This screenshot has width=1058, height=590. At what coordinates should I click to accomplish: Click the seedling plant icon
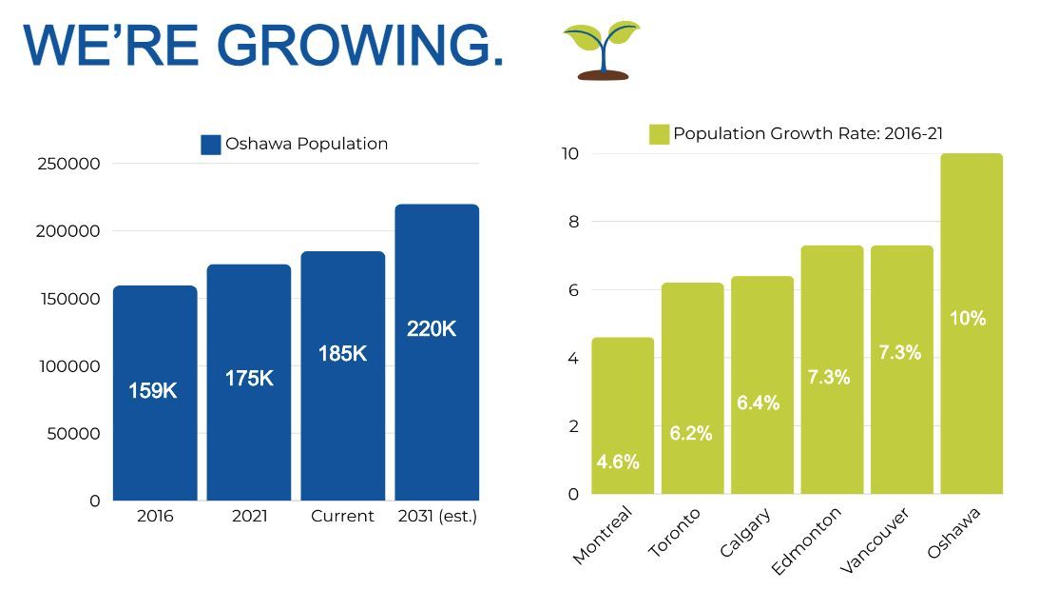point(602,49)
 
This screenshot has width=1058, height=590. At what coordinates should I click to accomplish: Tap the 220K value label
point(432,329)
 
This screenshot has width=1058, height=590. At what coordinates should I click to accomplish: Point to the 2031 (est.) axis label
point(437,517)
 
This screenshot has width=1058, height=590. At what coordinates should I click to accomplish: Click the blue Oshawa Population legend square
point(211,145)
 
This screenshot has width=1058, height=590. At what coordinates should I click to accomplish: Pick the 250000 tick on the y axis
point(68,164)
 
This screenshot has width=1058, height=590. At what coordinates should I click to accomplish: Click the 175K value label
point(249,378)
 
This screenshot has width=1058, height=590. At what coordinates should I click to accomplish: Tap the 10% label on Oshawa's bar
point(968,319)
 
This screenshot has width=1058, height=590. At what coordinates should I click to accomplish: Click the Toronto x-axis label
point(674,533)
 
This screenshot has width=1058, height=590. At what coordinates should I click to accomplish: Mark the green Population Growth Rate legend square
point(659,134)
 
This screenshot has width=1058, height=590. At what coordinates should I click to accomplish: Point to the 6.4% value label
point(758,403)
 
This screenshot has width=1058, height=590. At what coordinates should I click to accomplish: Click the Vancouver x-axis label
point(875,541)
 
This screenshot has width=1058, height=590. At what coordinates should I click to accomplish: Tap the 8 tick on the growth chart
point(573,222)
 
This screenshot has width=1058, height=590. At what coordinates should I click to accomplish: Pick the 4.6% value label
point(618,462)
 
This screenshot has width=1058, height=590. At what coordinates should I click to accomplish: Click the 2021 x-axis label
point(249,517)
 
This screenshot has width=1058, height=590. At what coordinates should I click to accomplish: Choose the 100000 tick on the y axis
point(68,366)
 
